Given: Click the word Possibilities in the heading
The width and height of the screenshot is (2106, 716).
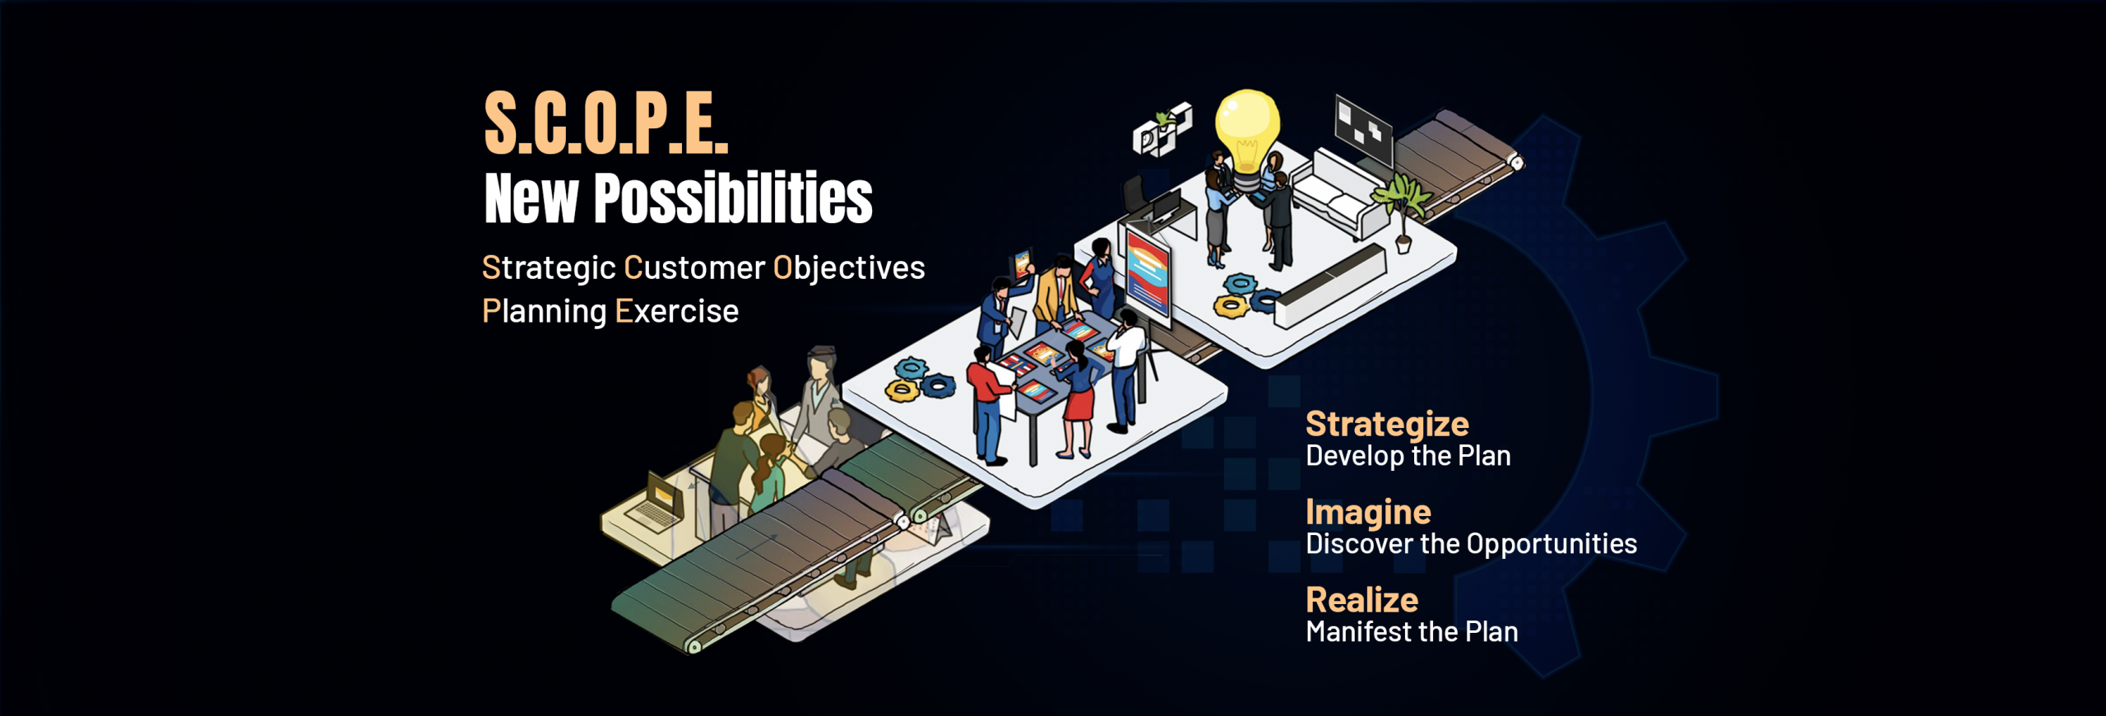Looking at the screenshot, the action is (x=733, y=198).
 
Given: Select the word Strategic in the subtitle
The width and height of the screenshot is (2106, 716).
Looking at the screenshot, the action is (x=549, y=268).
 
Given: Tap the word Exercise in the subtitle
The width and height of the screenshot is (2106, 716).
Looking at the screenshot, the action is (x=676, y=311).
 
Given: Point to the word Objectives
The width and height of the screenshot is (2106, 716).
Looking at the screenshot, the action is (x=849, y=268).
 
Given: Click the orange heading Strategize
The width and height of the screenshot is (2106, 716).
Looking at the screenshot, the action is (x=1387, y=424).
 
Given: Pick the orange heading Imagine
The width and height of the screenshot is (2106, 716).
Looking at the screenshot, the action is (x=1368, y=512).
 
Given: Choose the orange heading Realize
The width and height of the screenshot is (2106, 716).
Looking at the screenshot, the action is (x=1361, y=600).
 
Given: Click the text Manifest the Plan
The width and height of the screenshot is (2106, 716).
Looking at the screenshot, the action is (x=1412, y=632).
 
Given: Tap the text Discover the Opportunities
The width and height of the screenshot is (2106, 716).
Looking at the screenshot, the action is (x=1471, y=544).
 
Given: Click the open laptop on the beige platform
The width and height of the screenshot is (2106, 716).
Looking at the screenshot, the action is (x=656, y=500).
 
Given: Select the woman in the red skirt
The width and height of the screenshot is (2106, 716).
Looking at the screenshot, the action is (x=1079, y=400).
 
